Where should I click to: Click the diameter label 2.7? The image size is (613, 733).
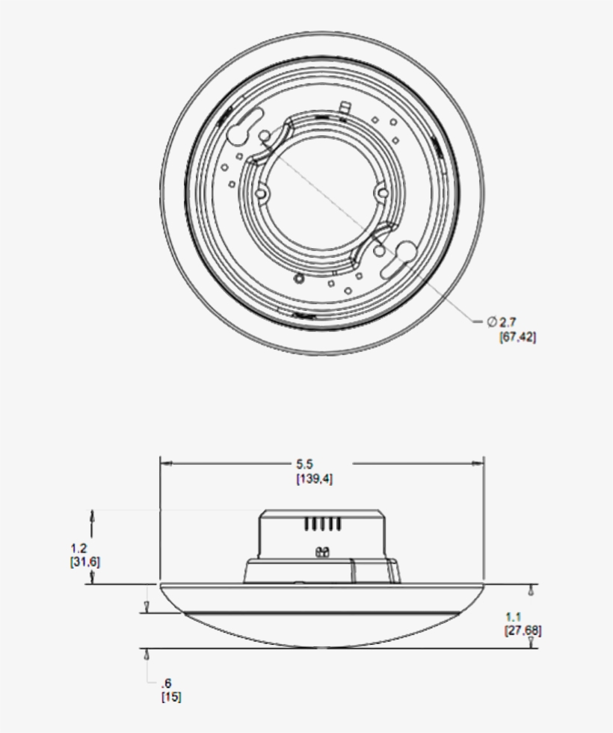(508, 322)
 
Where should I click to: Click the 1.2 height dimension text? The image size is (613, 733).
(78, 548)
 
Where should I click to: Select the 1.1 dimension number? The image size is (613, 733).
(513, 617)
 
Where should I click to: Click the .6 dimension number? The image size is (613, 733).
(166, 683)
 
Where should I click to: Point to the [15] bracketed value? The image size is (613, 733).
(170, 697)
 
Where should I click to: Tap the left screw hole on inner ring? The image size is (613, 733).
(261, 192)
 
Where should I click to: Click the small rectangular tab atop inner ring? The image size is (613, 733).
(345, 108)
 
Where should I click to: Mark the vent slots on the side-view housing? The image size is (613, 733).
(323, 525)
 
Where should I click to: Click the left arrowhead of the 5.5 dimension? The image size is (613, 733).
(167, 463)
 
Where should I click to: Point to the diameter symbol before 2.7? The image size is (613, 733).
(492, 322)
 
